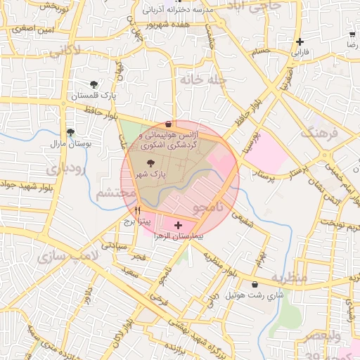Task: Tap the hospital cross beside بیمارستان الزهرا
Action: (x=177, y=225)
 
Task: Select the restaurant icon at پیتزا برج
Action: (x=138, y=210)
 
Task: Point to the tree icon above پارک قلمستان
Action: (x=95, y=84)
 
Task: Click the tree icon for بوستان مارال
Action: (x=70, y=131)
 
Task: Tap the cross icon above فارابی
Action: (x=300, y=42)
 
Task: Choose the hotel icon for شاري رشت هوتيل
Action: (x=255, y=285)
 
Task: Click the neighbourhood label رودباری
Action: (x=65, y=169)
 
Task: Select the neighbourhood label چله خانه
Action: (x=202, y=80)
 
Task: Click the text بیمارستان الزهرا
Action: (x=179, y=237)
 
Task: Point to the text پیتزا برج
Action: (x=134, y=221)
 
